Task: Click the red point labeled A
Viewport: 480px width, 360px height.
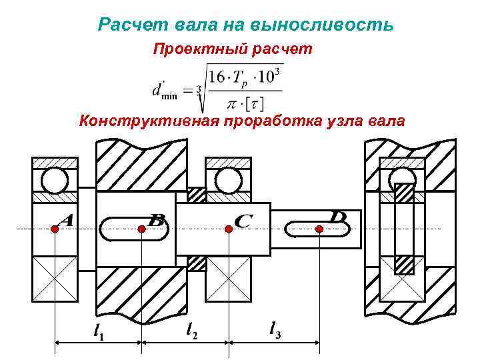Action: [54, 229]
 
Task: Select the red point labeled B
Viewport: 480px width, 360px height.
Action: [141, 229]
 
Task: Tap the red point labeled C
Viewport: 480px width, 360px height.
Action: [229, 229]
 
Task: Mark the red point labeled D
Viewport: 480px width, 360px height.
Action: [319, 229]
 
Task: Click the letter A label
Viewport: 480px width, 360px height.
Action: [65, 219]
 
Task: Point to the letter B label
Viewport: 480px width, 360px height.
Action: [157, 219]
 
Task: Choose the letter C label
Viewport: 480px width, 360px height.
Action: [243, 219]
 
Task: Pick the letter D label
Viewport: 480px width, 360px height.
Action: [339, 217]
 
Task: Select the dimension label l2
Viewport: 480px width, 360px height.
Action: [190, 329]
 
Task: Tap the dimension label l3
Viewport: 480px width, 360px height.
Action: [273, 328]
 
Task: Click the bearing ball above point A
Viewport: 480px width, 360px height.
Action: [54, 180]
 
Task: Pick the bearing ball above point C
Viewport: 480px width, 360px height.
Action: [229, 180]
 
